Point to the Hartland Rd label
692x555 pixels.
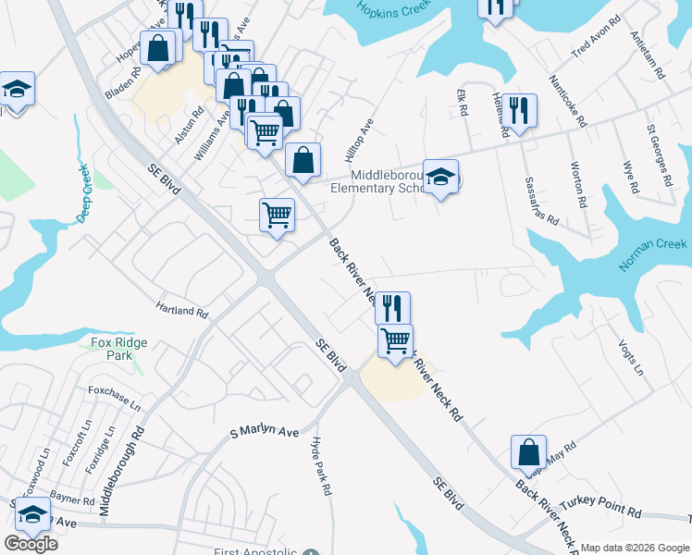coord(181,310)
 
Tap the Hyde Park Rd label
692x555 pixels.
coord(321,467)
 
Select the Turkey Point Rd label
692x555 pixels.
coord(607,511)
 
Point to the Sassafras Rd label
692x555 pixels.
coord(541,202)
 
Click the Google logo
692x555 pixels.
coord(31,544)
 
